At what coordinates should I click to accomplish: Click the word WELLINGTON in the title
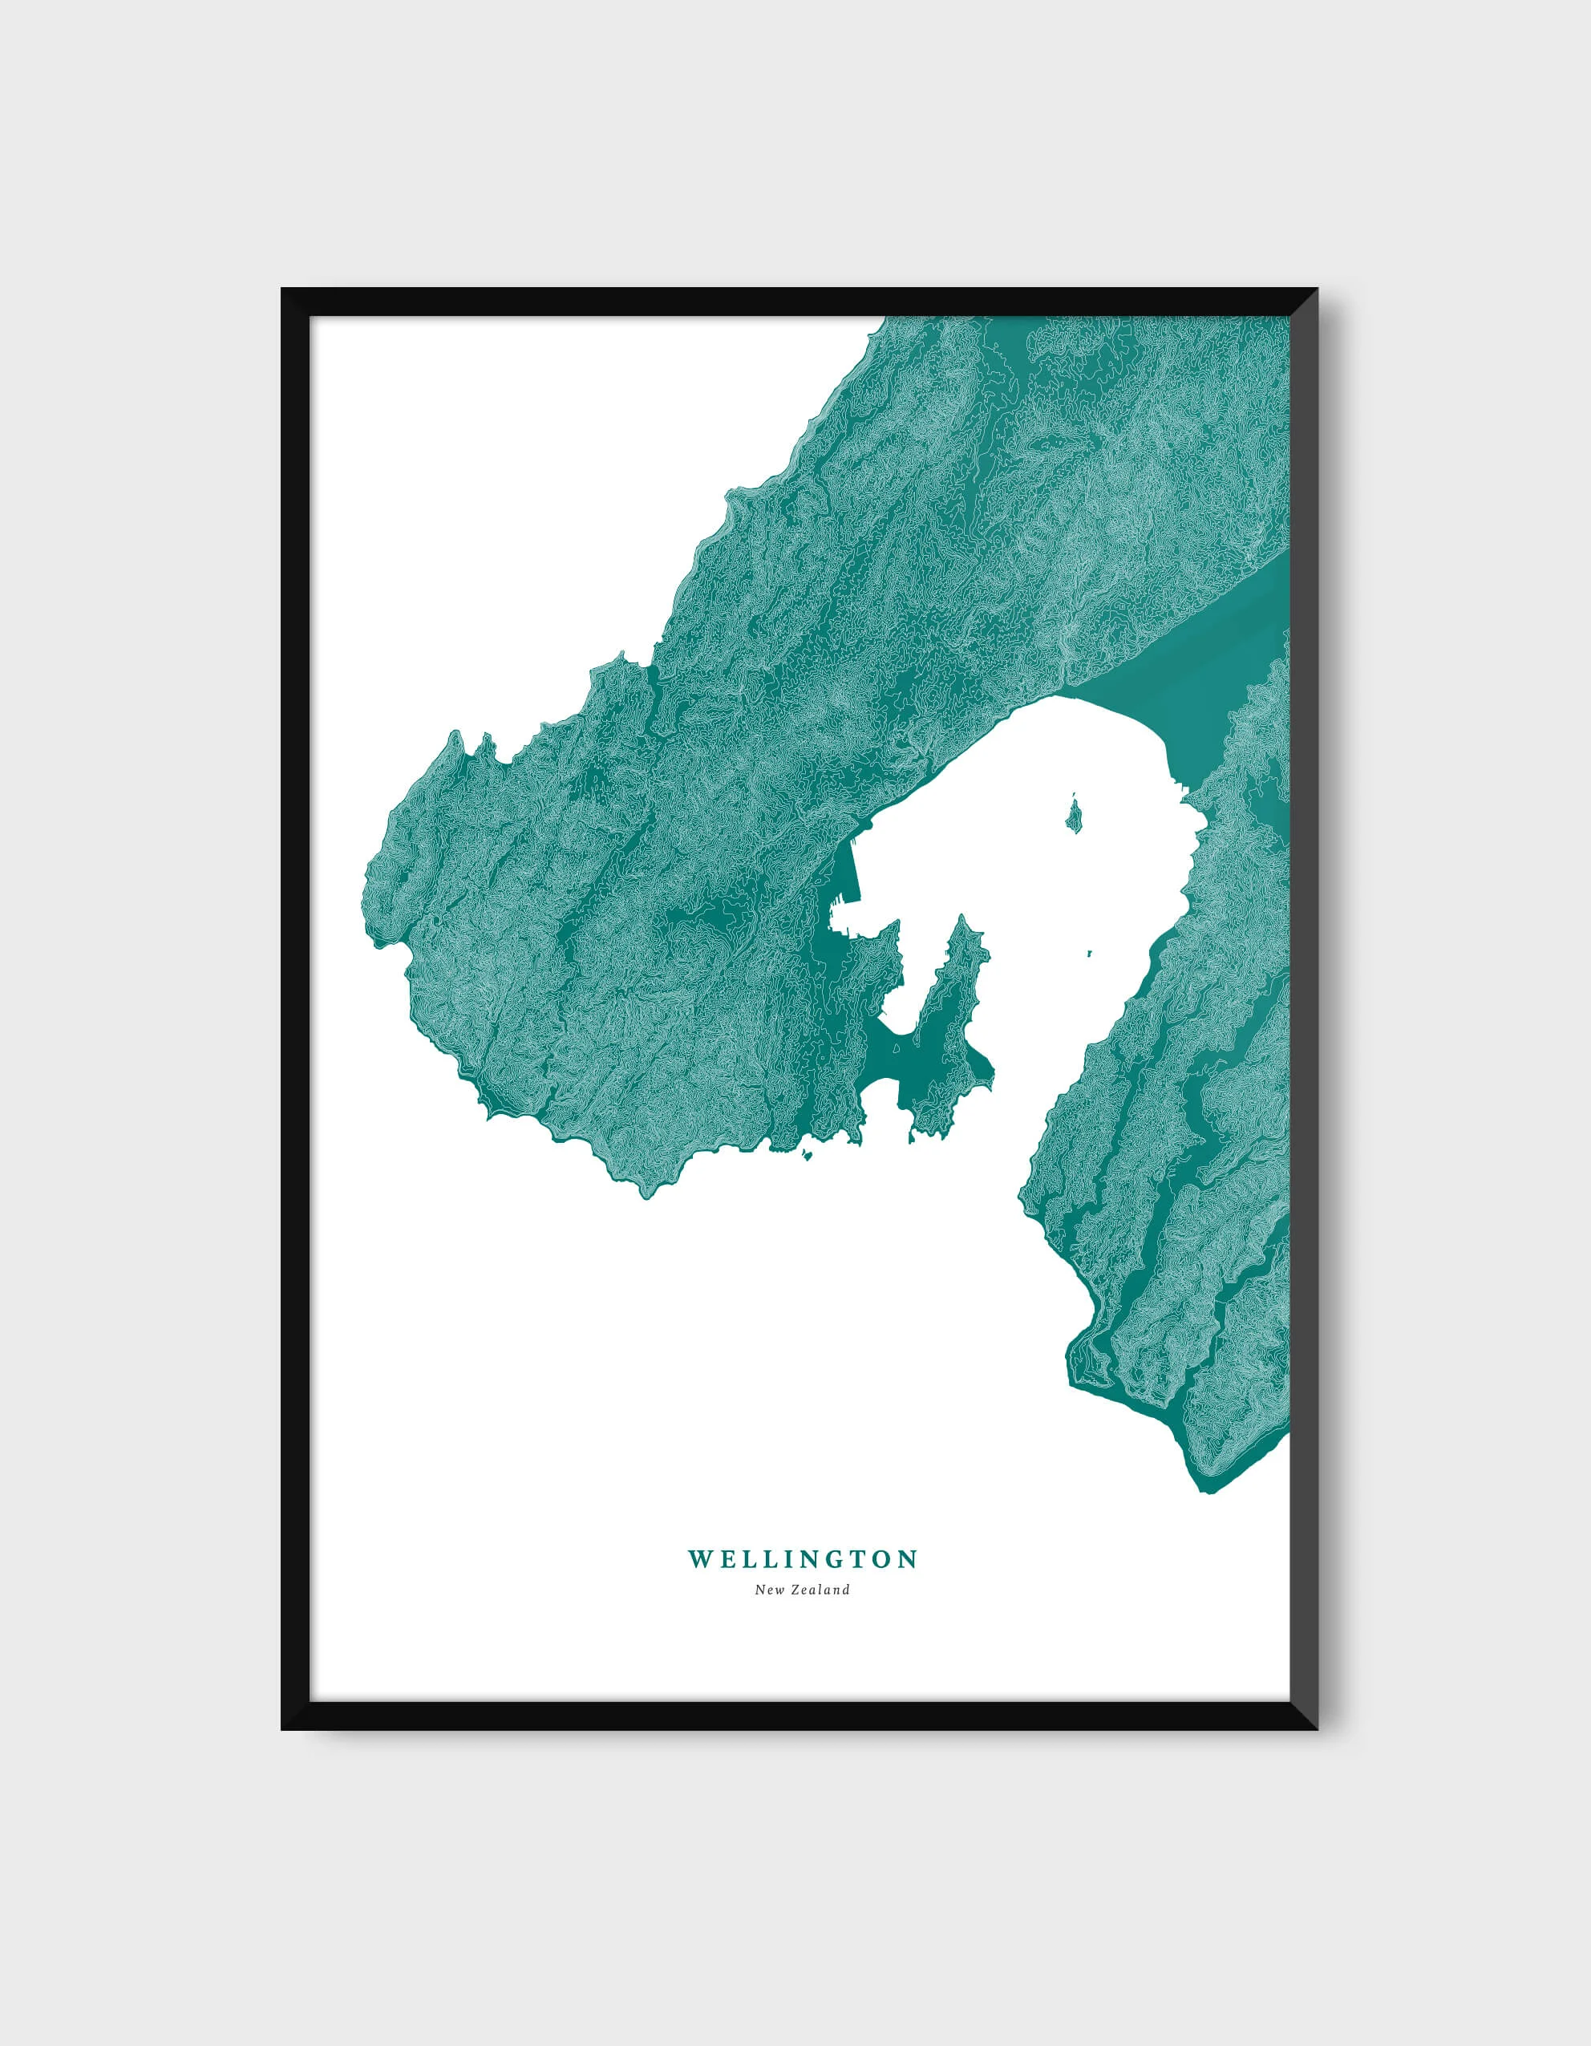803,1560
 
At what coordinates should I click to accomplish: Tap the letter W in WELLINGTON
699,1560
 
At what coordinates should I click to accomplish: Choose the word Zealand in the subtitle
820,1589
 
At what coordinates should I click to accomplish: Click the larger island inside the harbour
1073,813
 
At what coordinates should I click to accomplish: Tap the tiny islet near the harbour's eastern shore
1091,954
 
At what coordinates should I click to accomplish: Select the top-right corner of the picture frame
1317,290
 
